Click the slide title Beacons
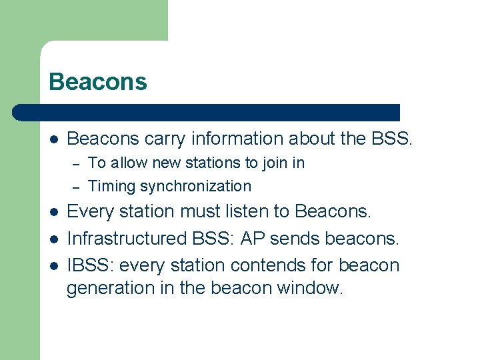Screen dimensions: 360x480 tap(97, 82)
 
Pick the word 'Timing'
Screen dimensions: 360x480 tap(110, 187)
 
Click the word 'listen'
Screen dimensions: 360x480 tap(237, 212)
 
